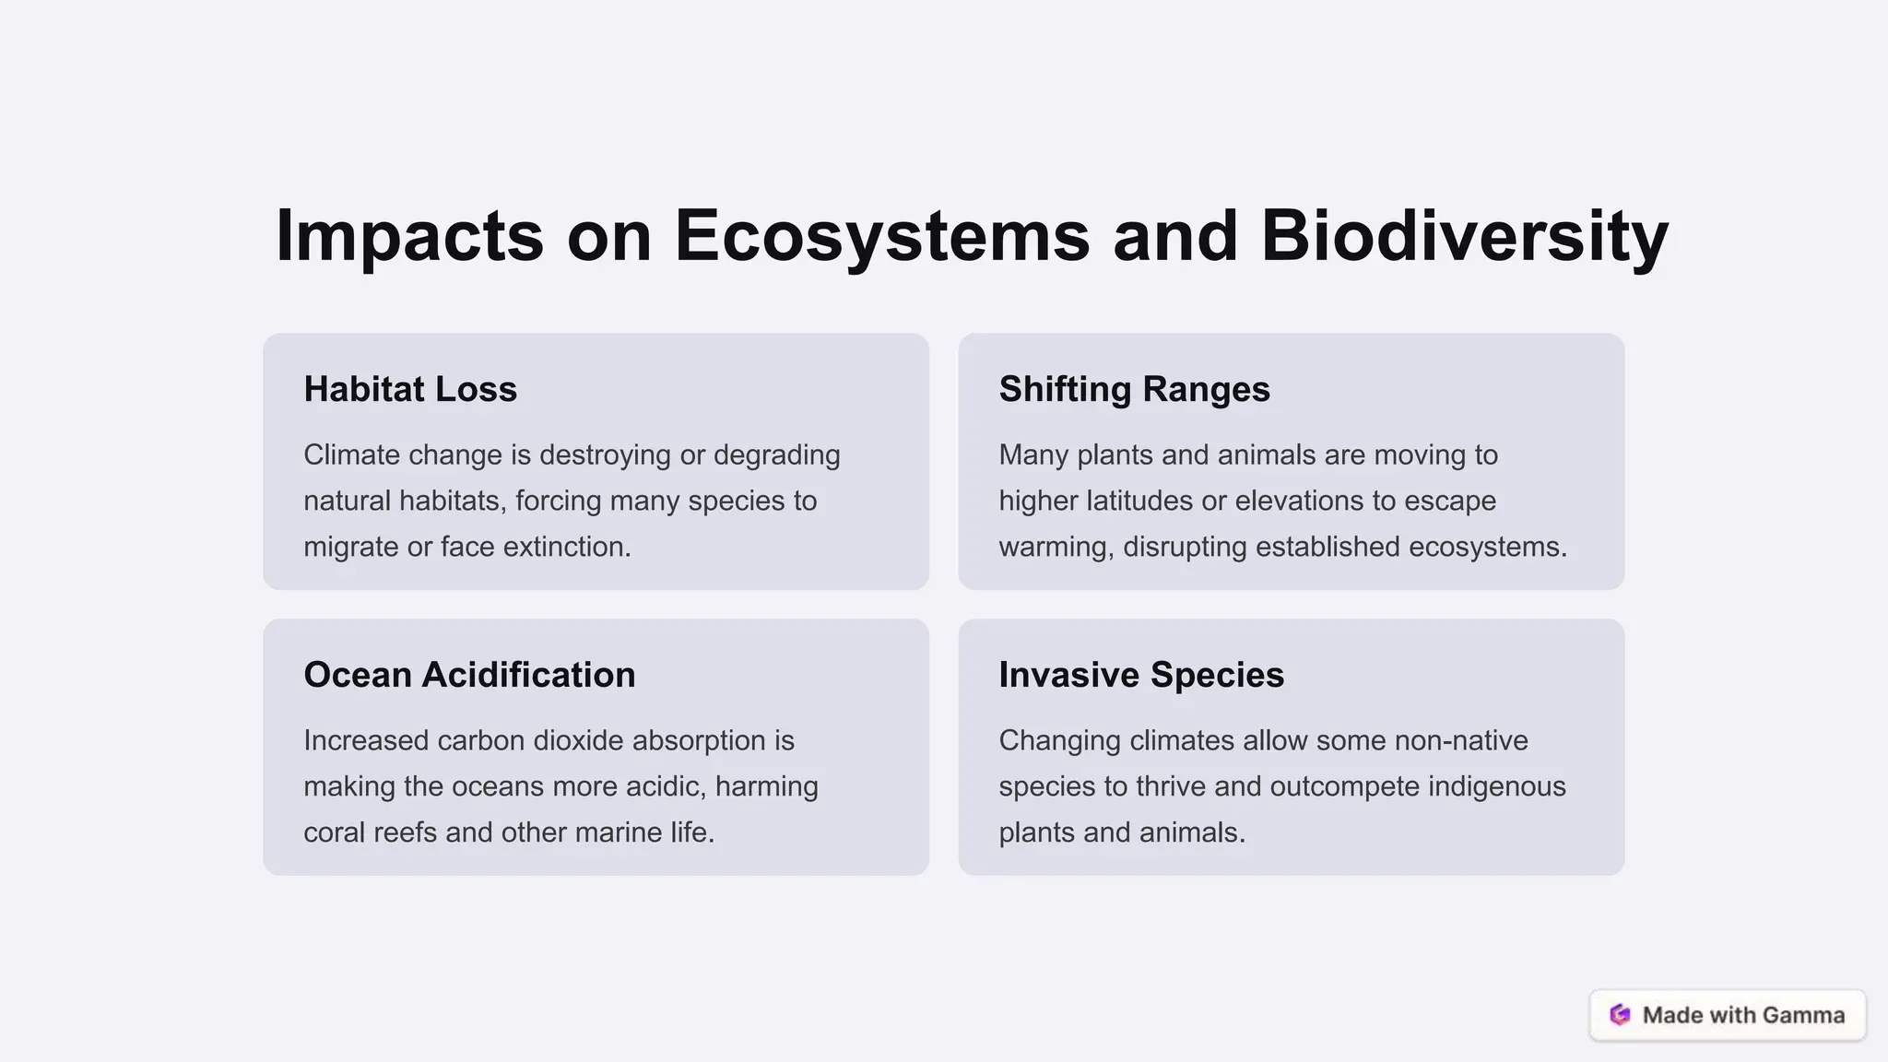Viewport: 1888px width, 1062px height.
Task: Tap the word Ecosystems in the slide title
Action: click(x=882, y=236)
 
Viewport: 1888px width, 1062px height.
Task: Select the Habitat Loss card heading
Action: click(x=410, y=389)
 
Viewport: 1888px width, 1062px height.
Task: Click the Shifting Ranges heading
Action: click(x=1134, y=389)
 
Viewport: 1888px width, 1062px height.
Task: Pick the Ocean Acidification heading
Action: click(x=469, y=675)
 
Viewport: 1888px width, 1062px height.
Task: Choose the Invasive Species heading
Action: click(x=1141, y=675)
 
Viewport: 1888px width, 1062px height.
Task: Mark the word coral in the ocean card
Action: click(x=330, y=832)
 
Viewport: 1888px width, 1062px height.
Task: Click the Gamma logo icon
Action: click(x=1620, y=1015)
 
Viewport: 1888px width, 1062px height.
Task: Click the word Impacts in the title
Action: click(x=409, y=236)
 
